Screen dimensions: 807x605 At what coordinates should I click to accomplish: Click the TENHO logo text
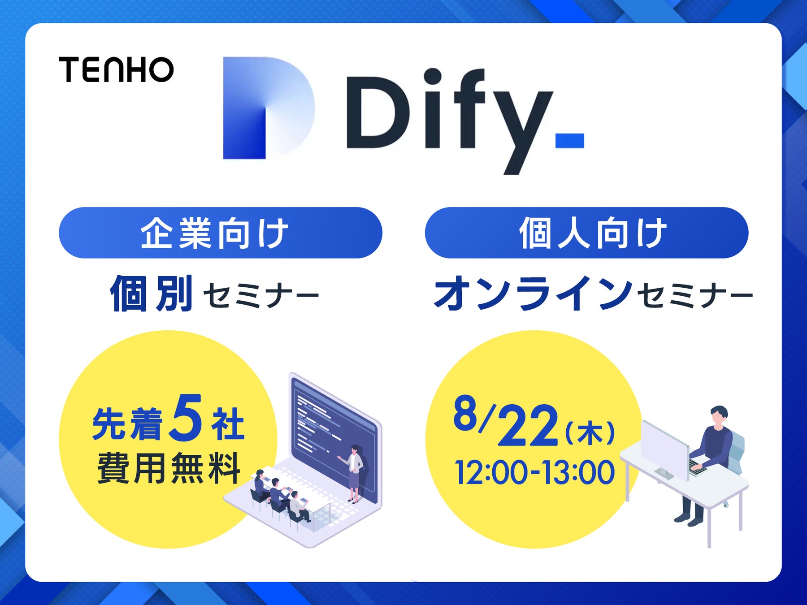tap(116, 69)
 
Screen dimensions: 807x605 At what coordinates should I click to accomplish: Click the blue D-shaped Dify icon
tap(268, 108)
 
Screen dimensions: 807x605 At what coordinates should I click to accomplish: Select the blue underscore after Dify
tap(570, 140)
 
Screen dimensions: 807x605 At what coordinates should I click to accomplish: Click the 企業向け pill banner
tap(220, 233)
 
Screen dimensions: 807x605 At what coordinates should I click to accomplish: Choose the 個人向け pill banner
tap(586, 233)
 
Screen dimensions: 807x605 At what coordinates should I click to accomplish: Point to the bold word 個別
tap(152, 294)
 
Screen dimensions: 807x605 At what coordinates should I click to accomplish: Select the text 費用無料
tap(169, 468)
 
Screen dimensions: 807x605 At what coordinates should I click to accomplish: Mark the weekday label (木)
tap(590, 432)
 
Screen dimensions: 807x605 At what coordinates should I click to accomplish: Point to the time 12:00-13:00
tap(534, 472)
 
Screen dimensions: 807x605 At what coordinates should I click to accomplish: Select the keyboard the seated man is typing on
tap(698, 467)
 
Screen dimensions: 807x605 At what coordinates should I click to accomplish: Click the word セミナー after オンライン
tap(695, 296)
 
